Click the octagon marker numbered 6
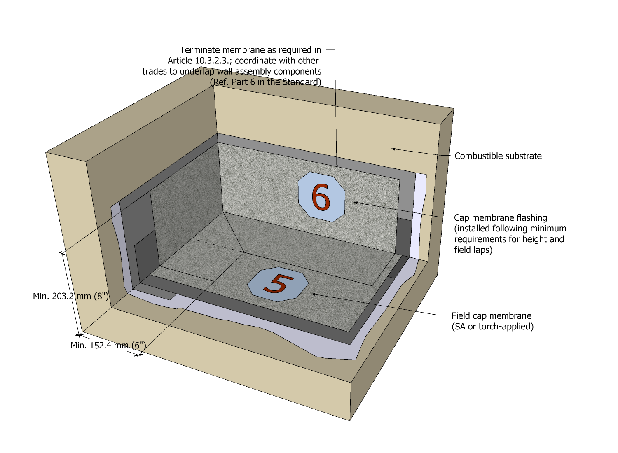tap(321, 197)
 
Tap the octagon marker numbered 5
tap(278, 284)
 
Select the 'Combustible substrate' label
tap(498, 156)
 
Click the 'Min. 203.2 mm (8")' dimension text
tap(70, 296)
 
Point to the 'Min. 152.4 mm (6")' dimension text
tap(108, 345)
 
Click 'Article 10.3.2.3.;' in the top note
tap(199, 61)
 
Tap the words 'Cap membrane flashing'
tap(501, 218)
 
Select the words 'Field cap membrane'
tap(492, 316)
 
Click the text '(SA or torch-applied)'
tap(492, 327)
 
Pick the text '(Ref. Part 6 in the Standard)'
tap(266, 82)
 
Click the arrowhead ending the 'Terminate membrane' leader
tap(337, 166)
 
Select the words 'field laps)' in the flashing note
tap(473, 250)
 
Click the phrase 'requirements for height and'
tap(509, 239)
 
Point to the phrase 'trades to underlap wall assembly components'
tap(232, 71)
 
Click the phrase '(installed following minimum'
tap(510, 228)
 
